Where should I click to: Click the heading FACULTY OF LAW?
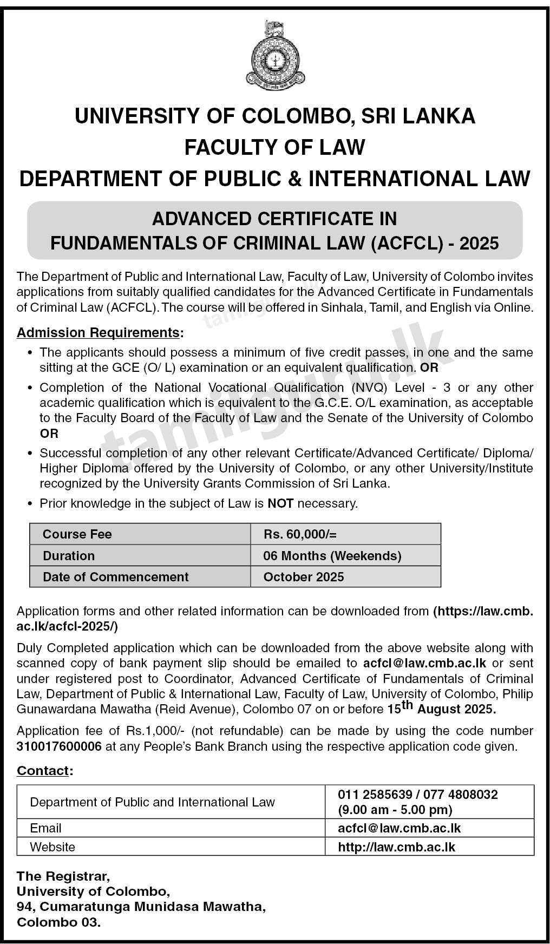pos(275,147)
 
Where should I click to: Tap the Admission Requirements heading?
pos(98,332)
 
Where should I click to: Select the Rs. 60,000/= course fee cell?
pos(300,534)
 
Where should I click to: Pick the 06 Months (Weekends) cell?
pos(332,556)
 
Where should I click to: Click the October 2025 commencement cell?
pos(304,577)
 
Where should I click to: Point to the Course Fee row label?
pos(77,534)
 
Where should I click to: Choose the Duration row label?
pos(69,556)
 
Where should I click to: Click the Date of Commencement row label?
pos(116,577)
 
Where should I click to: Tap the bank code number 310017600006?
pos(59,746)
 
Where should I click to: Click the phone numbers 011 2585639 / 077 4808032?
pos(418,795)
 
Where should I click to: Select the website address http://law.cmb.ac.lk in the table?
pos(396,847)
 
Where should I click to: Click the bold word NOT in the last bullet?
pos(280,503)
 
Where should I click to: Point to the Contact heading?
pos(43,770)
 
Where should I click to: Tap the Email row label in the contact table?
pos(45,828)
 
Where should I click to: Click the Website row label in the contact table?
pos(53,847)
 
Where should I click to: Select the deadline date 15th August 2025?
pos(442,708)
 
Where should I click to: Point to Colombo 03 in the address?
pos(58,923)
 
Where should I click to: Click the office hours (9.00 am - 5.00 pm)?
pos(395,810)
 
